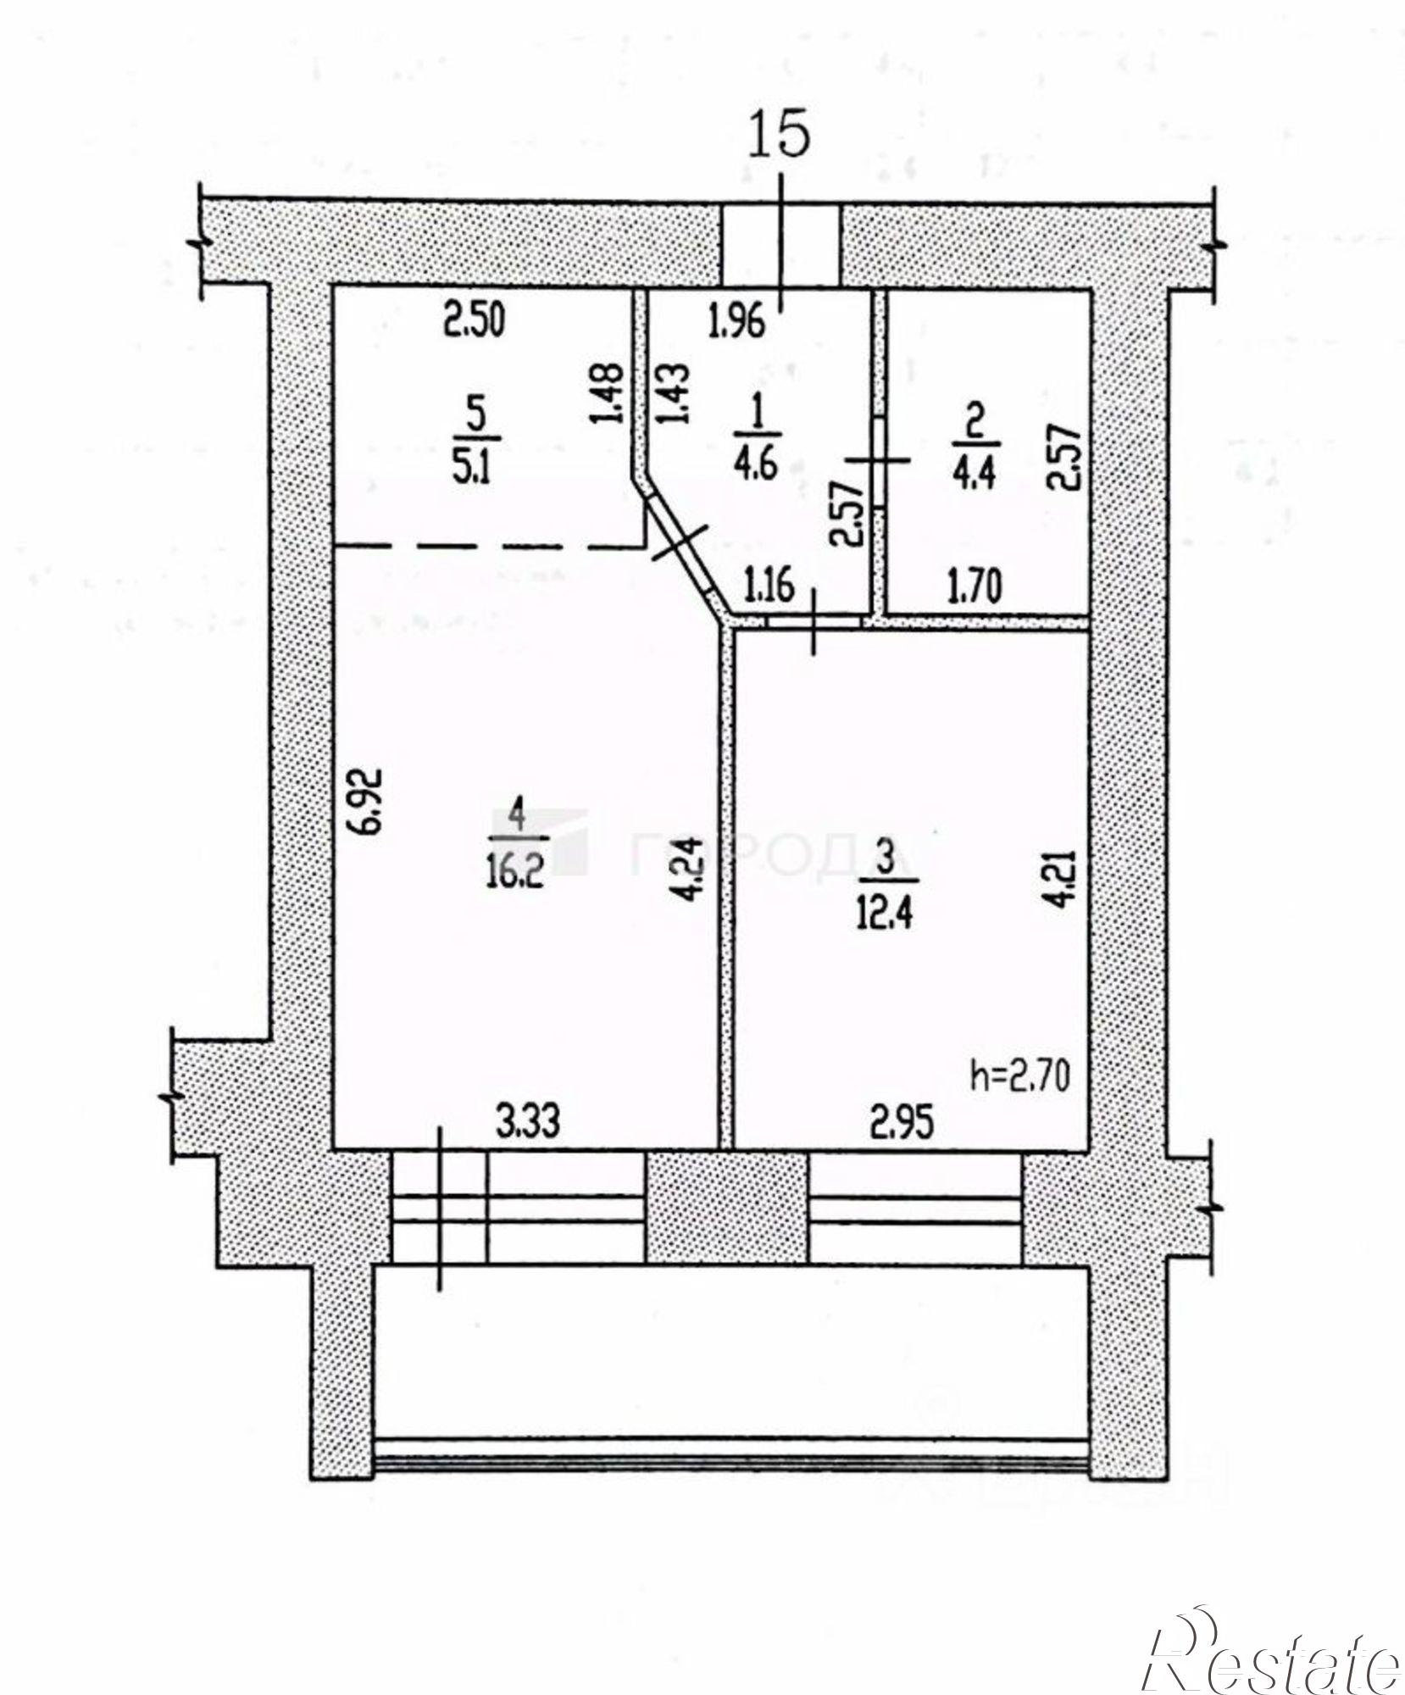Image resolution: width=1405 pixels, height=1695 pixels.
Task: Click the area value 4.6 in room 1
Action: pyautogui.click(x=757, y=465)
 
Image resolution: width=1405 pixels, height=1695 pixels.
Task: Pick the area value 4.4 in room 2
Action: pyautogui.click(x=975, y=470)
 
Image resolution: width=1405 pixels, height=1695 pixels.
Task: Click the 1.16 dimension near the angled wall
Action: pyautogui.click(x=769, y=585)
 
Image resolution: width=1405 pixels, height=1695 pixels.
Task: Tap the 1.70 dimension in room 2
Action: pyautogui.click(x=975, y=586)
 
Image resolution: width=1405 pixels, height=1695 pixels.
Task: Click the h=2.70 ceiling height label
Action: pyautogui.click(x=1019, y=1076)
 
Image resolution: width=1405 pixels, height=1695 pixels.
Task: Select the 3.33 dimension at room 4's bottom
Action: pyautogui.click(x=528, y=1123)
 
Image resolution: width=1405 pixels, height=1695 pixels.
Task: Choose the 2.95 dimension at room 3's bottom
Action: pyautogui.click(x=902, y=1123)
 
